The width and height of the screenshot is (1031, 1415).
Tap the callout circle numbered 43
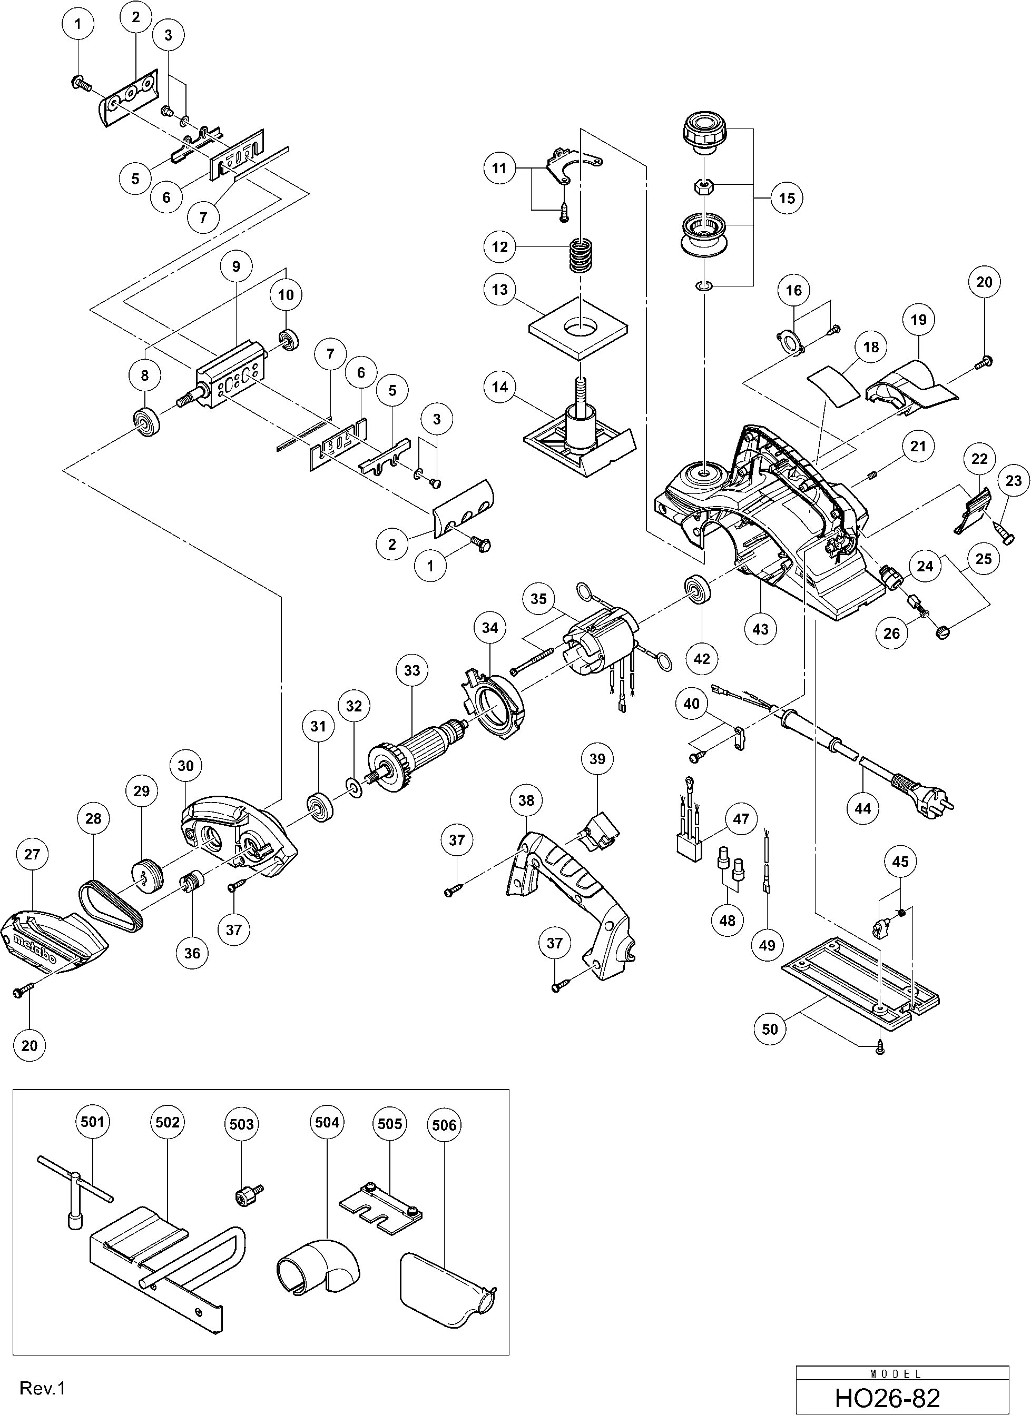coord(760,629)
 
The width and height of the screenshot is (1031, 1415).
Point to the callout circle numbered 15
coord(787,198)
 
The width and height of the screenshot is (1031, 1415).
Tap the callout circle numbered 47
coord(741,818)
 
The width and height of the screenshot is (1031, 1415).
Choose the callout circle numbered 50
coord(770,1028)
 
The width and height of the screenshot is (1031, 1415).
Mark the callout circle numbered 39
coord(597,759)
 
